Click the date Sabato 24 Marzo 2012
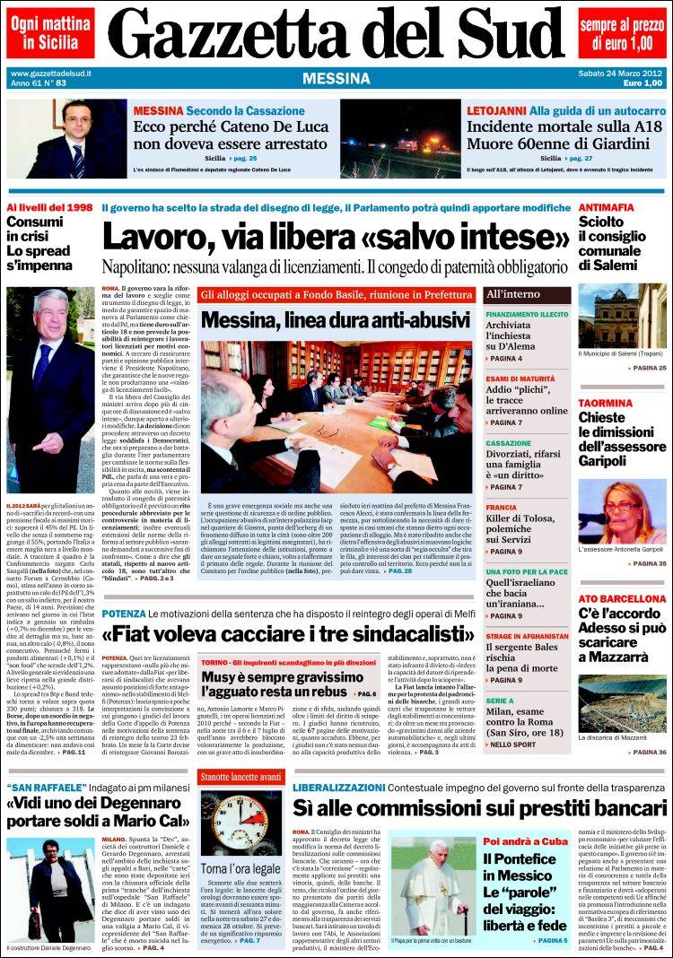coord(620,73)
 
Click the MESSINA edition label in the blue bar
coord(336,78)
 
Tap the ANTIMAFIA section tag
coord(607,207)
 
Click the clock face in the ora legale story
coord(229,820)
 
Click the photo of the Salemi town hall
coord(622,317)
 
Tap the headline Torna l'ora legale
coord(229,869)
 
